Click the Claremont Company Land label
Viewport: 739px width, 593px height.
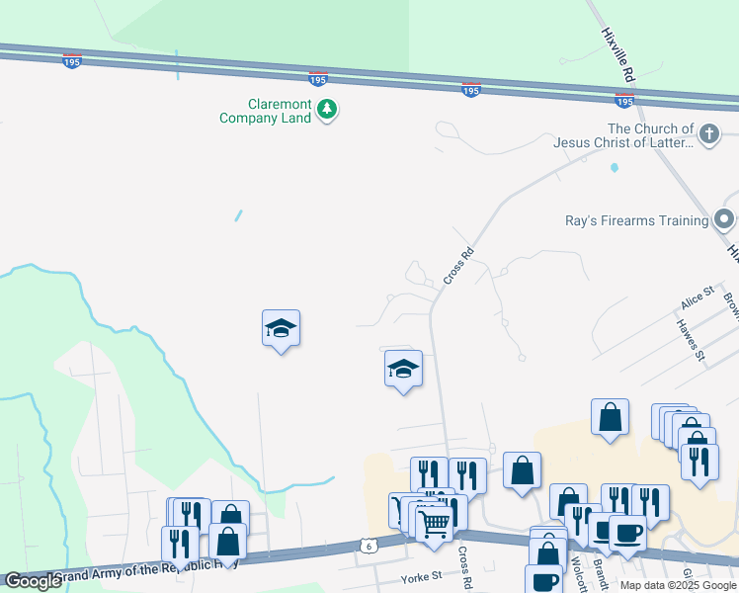coord(265,111)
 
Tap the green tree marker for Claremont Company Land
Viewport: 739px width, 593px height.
coord(327,110)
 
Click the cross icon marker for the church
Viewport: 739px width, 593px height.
coord(708,133)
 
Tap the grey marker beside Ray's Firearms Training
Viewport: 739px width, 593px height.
coord(724,219)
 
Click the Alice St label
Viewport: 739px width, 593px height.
coord(697,298)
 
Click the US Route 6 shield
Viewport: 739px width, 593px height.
coord(368,545)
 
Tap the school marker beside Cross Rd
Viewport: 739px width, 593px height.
coord(403,370)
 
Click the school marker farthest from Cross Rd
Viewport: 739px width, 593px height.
coord(281,329)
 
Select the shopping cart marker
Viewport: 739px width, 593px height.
coord(434,523)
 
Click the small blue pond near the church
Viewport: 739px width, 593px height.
coord(614,167)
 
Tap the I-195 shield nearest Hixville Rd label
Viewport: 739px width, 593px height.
coord(623,101)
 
